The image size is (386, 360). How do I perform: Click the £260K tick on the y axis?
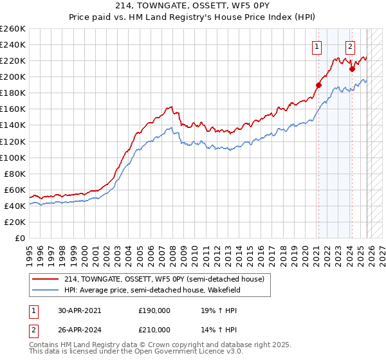tap(13, 29)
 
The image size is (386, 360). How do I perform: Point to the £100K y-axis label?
tap(13, 157)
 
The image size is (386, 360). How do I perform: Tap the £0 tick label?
tap(21, 238)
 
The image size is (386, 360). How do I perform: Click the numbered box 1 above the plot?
tap(317, 46)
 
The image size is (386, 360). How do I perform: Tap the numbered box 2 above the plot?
tap(350, 46)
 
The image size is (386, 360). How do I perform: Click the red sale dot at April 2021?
tap(318, 84)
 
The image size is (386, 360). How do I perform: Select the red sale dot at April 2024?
tap(352, 69)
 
